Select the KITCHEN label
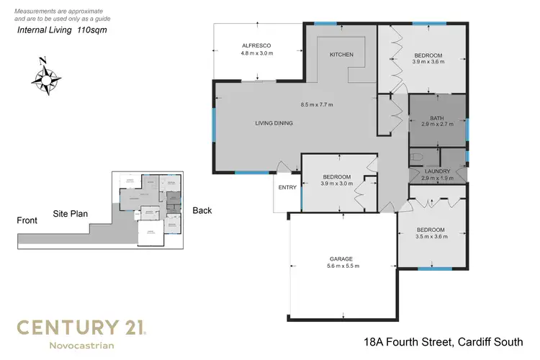point(341,55)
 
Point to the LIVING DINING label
point(274,123)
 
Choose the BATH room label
point(437,118)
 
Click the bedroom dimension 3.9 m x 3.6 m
point(428,63)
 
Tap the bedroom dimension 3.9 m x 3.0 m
point(336,184)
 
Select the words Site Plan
point(70,214)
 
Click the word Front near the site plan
point(27,220)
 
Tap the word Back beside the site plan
point(202,210)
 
